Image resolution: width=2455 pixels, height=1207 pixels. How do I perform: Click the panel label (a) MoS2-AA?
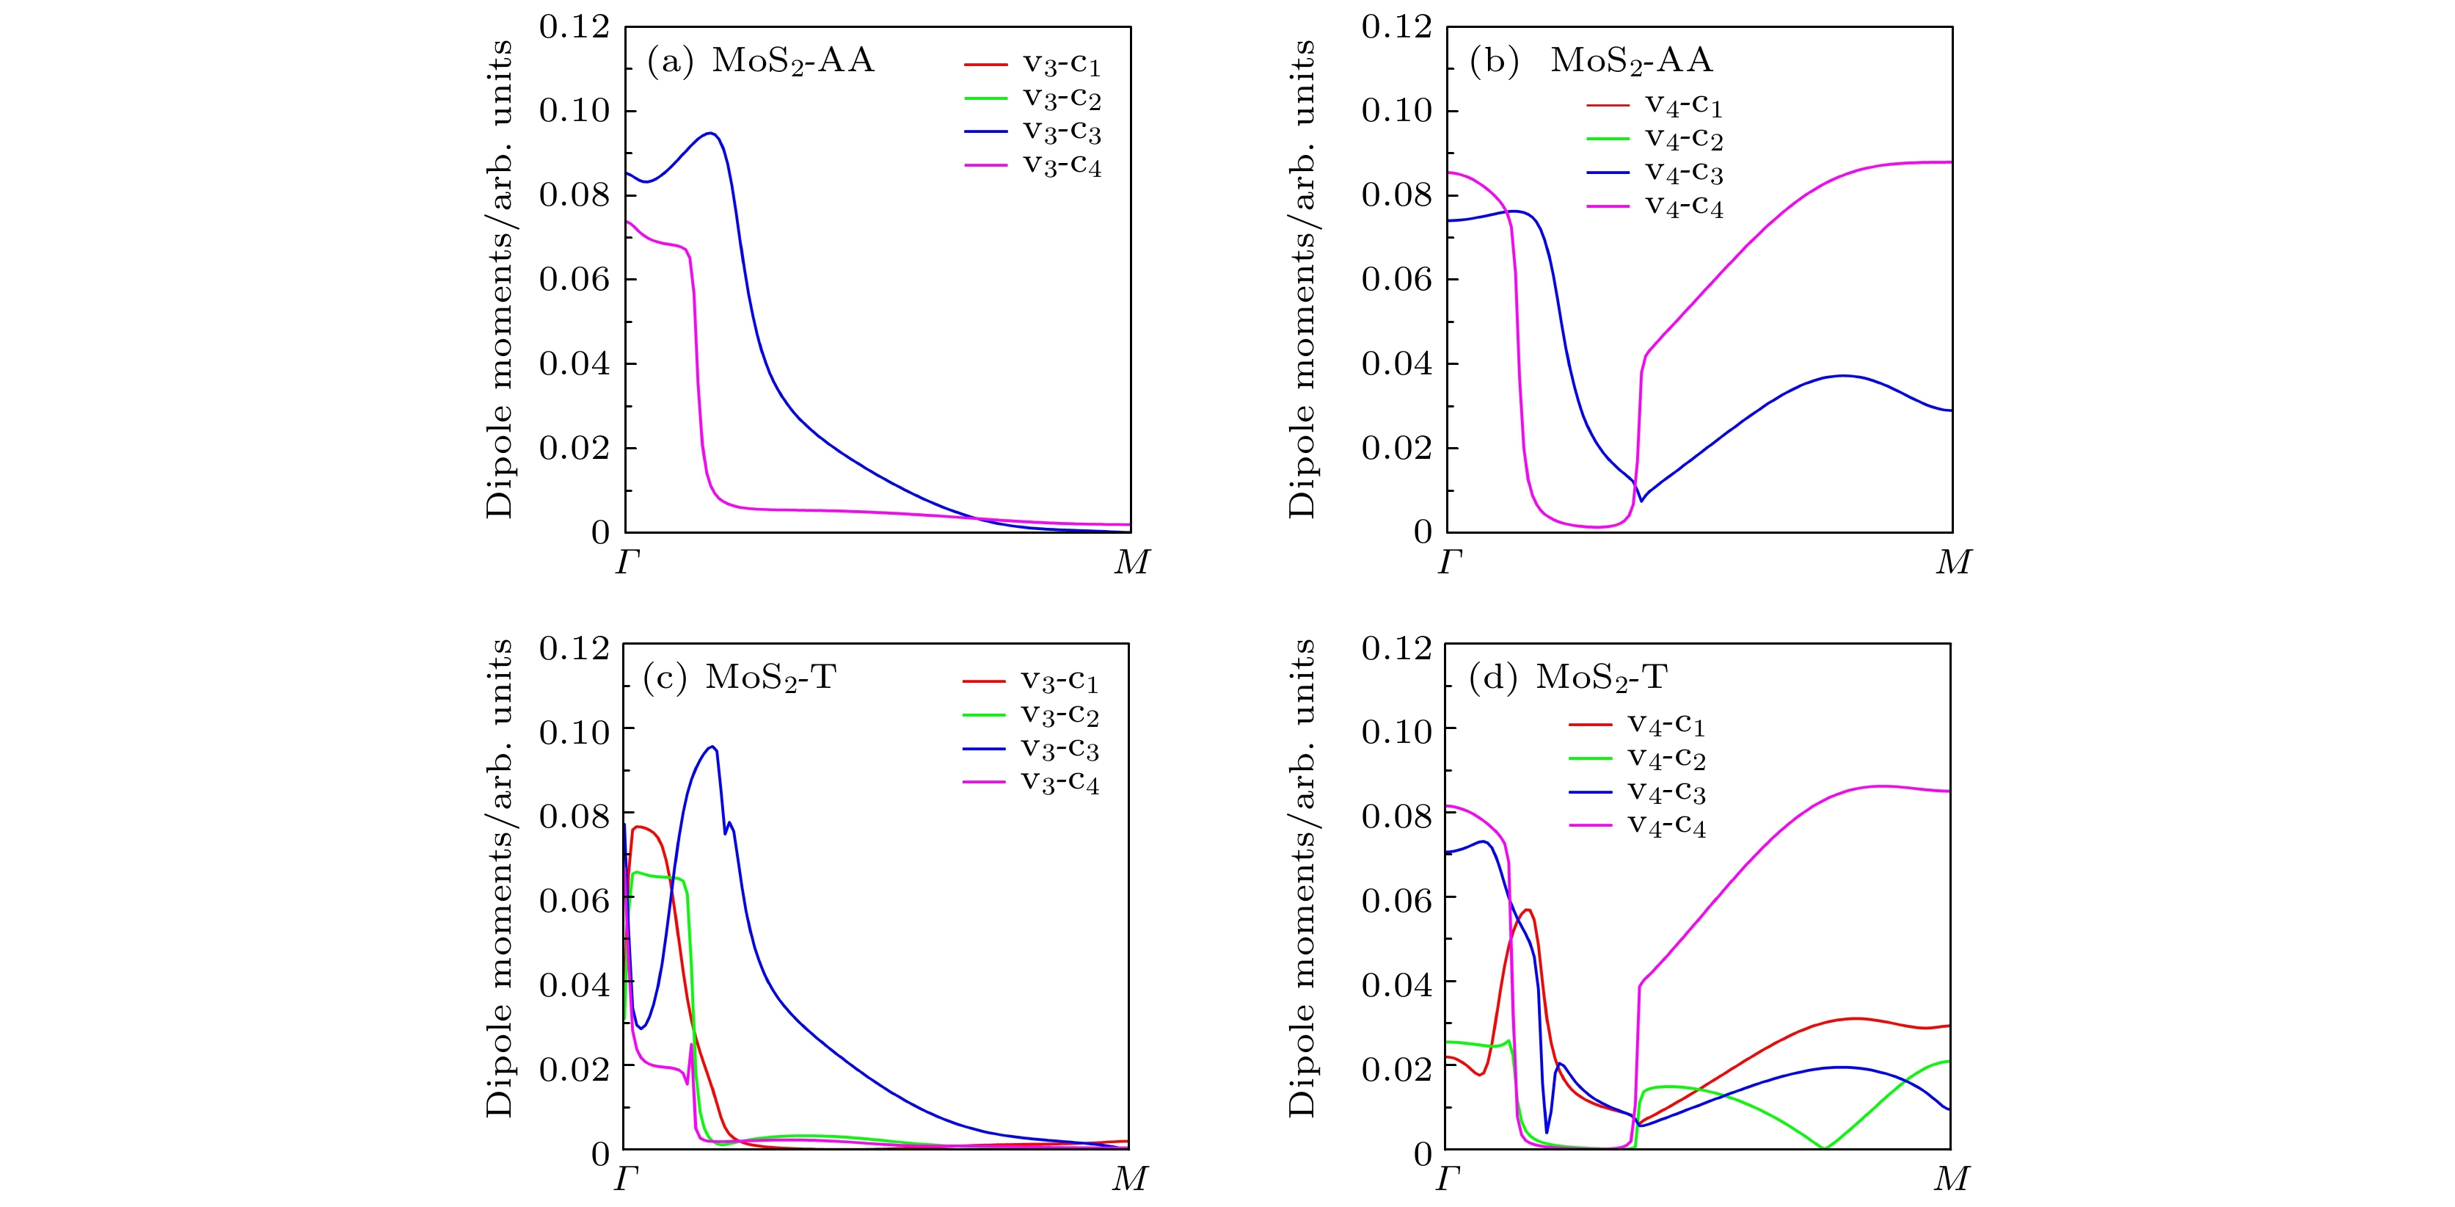759,62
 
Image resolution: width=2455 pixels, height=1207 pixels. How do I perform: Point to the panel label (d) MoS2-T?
1568,678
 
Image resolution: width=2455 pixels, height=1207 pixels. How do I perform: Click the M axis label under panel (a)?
1131,563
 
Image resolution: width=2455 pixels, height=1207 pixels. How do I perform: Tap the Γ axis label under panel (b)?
1448,563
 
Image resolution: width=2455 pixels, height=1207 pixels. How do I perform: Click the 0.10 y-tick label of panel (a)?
574,111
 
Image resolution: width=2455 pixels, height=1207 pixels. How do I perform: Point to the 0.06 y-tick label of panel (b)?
1396,279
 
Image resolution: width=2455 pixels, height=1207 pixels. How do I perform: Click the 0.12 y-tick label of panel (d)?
1396,648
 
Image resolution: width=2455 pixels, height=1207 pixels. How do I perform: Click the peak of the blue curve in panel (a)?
710,133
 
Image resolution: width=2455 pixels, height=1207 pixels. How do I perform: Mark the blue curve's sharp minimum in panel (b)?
1640,501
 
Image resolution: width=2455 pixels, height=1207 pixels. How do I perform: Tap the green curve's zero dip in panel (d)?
1824,1148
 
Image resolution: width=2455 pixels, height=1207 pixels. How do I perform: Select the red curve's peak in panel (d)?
1528,910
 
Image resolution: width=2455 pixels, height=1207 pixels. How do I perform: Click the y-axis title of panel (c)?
500,878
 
